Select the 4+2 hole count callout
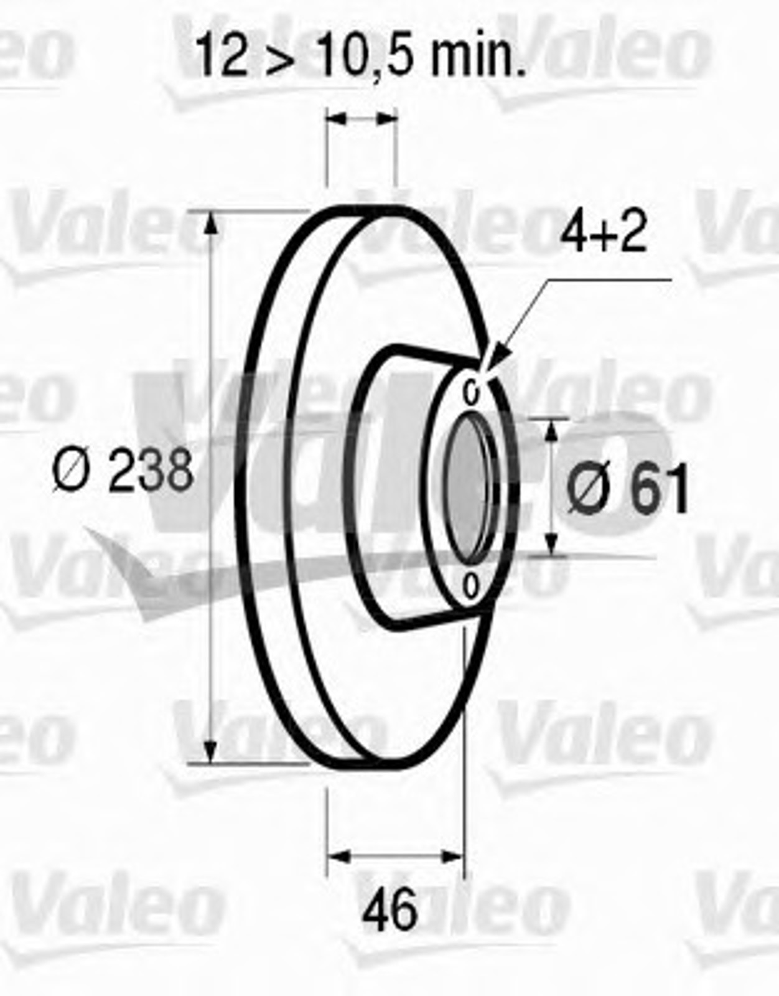[x=603, y=233]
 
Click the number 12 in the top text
[x=222, y=55]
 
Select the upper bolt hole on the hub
[x=471, y=393]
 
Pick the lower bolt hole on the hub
[x=470, y=587]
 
